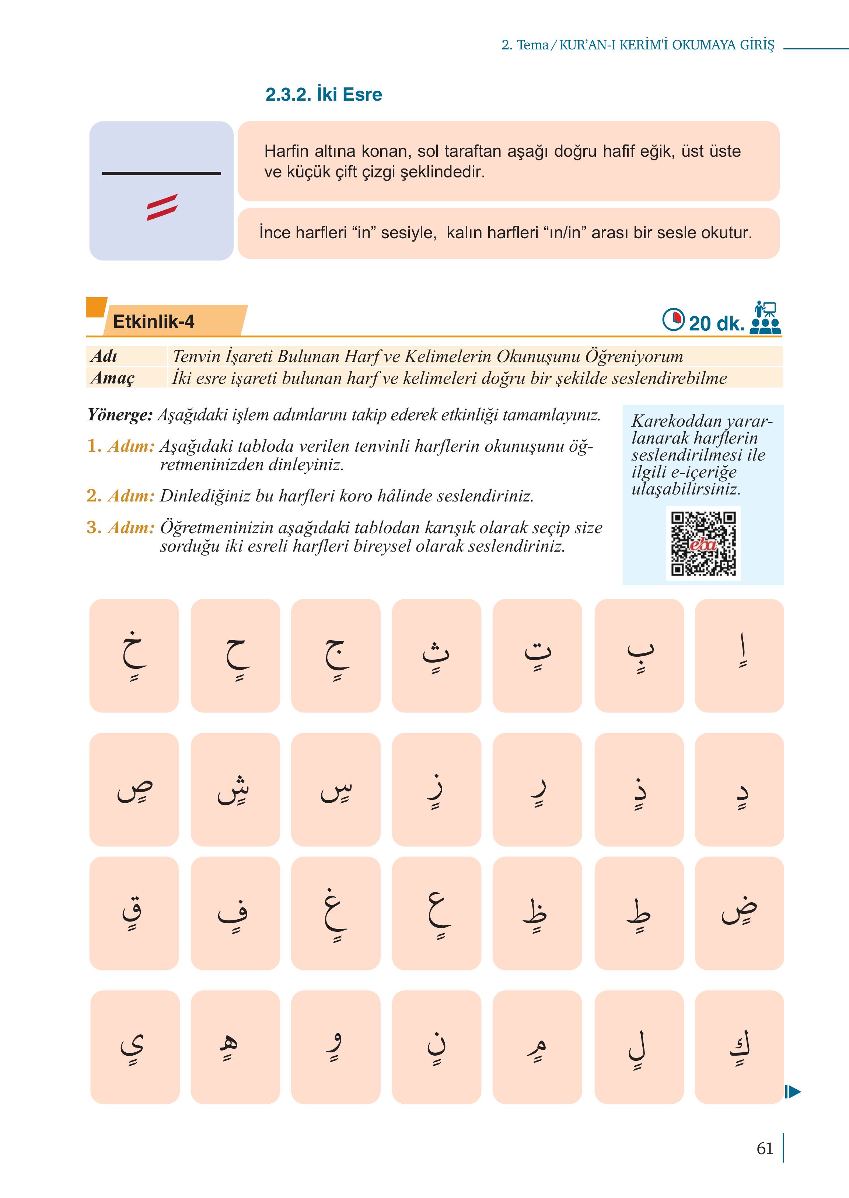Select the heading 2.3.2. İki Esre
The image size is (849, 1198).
pos(324,95)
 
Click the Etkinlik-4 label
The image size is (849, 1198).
pos(154,321)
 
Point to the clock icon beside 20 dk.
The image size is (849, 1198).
pos(673,320)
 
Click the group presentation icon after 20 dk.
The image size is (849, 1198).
pos(765,319)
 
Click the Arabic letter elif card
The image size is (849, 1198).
pos(739,656)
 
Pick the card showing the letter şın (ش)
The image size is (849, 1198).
pos(235,789)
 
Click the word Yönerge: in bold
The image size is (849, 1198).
pos(120,416)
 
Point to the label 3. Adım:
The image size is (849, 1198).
pos(121,527)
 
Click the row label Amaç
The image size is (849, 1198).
pos(112,378)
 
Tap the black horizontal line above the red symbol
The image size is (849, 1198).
pos(161,173)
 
